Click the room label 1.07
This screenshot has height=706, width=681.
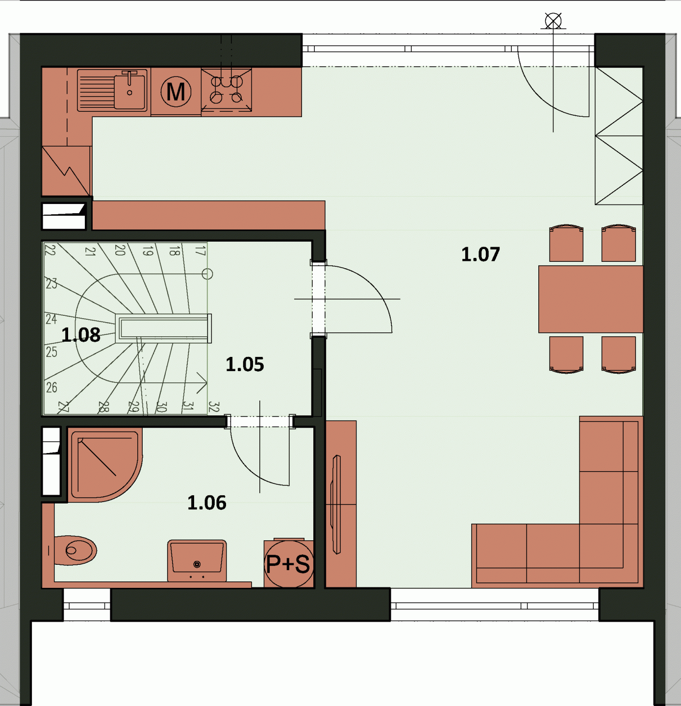click(x=480, y=254)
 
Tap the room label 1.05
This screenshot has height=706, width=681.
click(x=245, y=364)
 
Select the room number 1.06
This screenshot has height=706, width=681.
click(x=206, y=503)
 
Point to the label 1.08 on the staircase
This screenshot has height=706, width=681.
click(x=80, y=334)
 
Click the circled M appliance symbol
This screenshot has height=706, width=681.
click(x=176, y=91)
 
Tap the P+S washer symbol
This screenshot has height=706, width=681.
click(x=288, y=564)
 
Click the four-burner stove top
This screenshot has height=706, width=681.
click(x=227, y=90)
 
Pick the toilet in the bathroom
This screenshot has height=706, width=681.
click(x=75, y=551)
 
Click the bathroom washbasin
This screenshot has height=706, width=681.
click(x=197, y=560)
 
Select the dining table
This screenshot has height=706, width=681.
click(x=591, y=299)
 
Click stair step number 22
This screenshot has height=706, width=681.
click(x=50, y=250)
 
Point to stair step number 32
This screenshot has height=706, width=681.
click(x=214, y=407)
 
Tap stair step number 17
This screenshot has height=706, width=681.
click(x=200, y=251)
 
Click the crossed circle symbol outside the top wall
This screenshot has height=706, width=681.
click(x=553, y=21)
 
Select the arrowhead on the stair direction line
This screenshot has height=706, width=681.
click(x=202, y=383)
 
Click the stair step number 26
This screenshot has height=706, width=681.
click(x=51, y=387)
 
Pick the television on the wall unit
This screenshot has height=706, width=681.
click(x=336, y=504)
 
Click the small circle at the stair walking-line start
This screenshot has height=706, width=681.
click(x=207, y=274)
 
